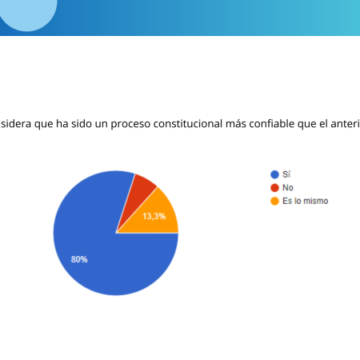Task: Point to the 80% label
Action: click(79, 259)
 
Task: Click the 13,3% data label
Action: click(154, 216)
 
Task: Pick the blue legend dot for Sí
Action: click(274, 174)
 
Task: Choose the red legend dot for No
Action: click(274, 188)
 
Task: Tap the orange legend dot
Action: click(274, 201)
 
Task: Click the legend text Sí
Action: click(286, 174)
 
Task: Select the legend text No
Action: click(288, 188)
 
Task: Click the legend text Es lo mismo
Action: click(306, 201)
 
